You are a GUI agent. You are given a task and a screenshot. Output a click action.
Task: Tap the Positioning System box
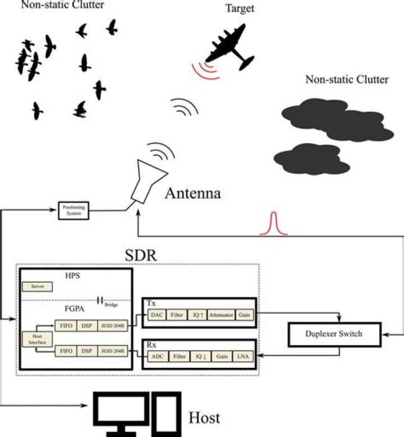point(74,210)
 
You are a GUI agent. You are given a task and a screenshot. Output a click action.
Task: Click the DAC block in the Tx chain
point(157,316)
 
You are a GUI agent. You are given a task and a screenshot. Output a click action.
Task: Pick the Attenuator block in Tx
point(221,316)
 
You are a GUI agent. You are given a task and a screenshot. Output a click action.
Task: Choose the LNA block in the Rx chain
point(243,356)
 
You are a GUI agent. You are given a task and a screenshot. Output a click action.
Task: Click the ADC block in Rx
point(157,356)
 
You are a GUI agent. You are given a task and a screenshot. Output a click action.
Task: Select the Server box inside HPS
point(37,287)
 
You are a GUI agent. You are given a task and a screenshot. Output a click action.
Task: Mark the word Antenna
point(192,195)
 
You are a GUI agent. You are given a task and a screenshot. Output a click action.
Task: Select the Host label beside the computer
point(204,417)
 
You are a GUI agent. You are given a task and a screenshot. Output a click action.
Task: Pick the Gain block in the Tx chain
point(244,316)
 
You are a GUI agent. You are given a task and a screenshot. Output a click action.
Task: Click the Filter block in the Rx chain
point(180,356)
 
